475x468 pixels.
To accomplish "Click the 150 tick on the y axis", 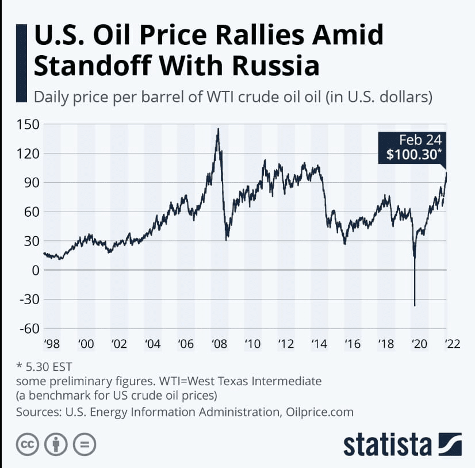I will pyautogui.click(x=29, y=124).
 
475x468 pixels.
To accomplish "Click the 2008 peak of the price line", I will pyautogui.click(x=218, y=129).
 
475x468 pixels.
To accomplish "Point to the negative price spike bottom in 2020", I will pyautogui.click(x=415, y=306).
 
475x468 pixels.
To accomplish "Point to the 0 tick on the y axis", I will pyautogui.click(x=36, y=270).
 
